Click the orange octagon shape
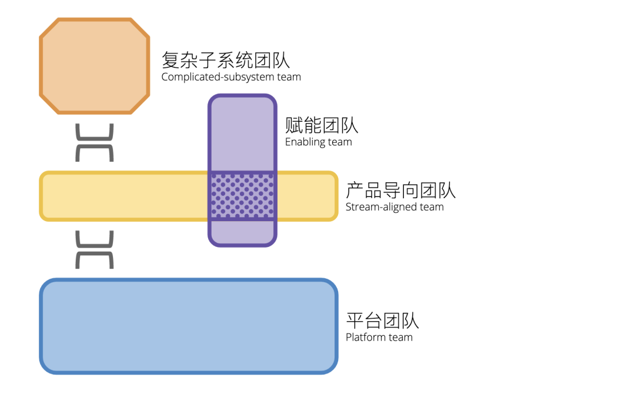click(94, 65)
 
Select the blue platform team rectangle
click(188, 326)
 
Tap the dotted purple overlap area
click(242, 196)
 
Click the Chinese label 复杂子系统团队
click(226, 60)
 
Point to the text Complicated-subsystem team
click(231, 77)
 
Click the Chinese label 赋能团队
click(321, 125)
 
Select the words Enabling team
click(318, 142)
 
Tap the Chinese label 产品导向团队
click(400, 190)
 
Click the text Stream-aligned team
click(395, 207)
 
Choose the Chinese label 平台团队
click(382, 320)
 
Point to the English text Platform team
click(379, 338)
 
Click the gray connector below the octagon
click(94, 142)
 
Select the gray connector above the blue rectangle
click(94, 249)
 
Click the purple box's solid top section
click(242, 134)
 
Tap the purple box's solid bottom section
click(242, 232)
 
